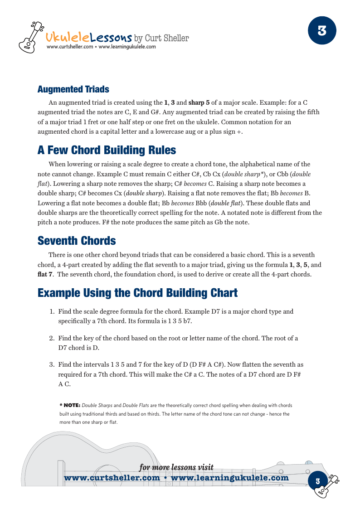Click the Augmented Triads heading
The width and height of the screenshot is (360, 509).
point(73,89)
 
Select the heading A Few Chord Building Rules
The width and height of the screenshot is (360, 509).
point(107,150)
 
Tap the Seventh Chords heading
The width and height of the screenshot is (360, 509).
point(77,241)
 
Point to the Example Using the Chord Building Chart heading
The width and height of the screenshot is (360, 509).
point(137,293)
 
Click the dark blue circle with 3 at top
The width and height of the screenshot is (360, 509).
point(322,30)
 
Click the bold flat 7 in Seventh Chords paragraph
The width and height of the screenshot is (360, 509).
point(45,274)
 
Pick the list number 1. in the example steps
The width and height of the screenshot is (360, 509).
point(52,311)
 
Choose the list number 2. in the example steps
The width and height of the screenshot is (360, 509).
point(52,338)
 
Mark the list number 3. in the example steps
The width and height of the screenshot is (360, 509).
point(52,364)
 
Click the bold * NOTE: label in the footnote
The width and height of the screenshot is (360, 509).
point(70,405)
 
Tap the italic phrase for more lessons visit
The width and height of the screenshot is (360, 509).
point(176,468)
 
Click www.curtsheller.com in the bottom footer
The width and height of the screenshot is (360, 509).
point(112,478)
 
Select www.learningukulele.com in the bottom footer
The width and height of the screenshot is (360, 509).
point(230,478)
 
